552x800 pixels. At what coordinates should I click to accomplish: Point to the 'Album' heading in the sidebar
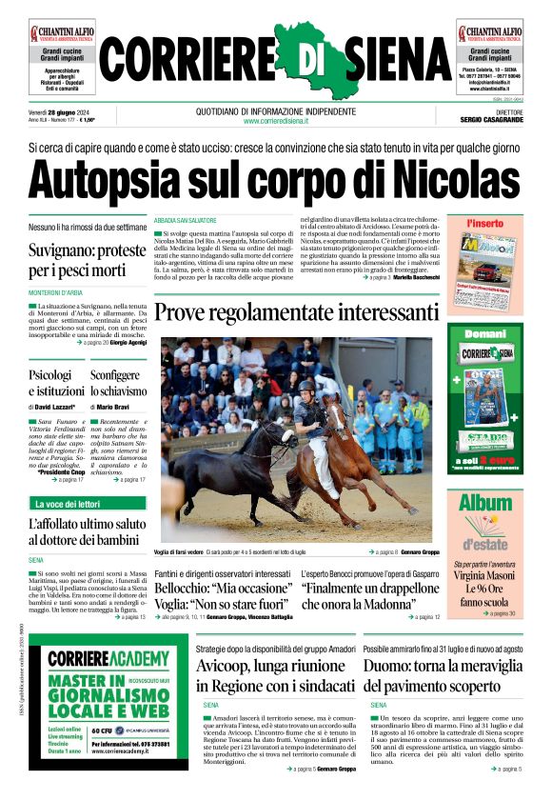[x=485, y=502]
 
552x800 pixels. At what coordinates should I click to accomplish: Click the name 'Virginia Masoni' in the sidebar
[x=485, y=575]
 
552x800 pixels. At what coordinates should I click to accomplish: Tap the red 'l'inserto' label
[x=485, y=223]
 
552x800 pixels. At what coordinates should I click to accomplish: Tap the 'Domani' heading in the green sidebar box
[x=485, y=334]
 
